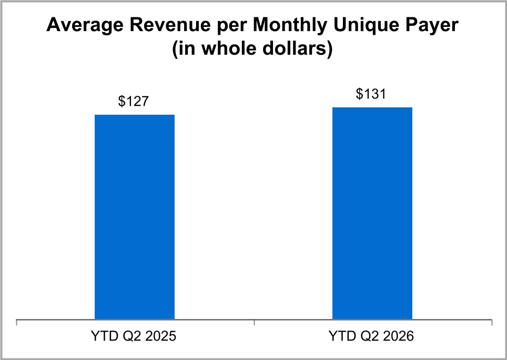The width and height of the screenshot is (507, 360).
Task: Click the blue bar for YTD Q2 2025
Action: pyautogui.click(x=135, y=217)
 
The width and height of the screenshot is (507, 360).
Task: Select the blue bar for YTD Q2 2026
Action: pyautogui.click(x=372, y=213)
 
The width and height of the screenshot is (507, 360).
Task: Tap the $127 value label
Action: pyautogui.click(x=133, y=101)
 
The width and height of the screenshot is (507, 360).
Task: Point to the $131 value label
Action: pyautogui.click(x=371, y=94)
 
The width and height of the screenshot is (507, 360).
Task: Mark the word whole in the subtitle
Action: pyautogui.click(x=229, y=49)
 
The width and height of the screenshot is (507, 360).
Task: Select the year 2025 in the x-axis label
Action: pyautogui.click(x=161, y=336)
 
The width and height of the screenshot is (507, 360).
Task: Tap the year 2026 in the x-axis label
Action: pyautogui.click(x=398, y=336)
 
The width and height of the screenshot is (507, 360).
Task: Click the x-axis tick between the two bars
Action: pyautogui.click(x=254, y=323)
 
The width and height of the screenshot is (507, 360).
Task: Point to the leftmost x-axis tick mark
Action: pyautogui.click(x=16, y=323)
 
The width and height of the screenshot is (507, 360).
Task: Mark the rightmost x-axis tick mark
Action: pyautogui.click(x=492, y=323)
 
